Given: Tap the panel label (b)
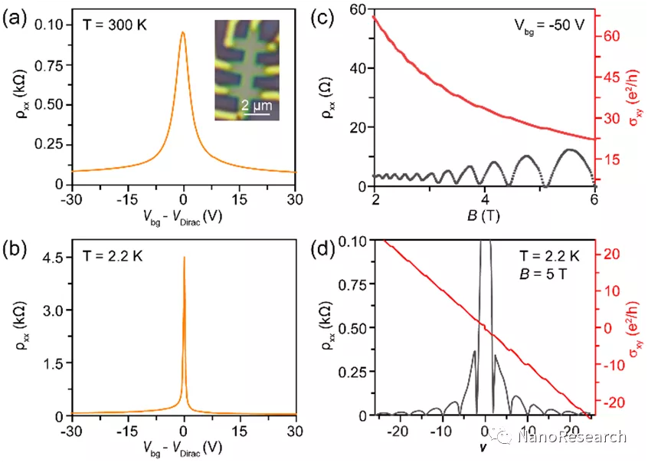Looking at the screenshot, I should pyautogui.click(x=17, y=250).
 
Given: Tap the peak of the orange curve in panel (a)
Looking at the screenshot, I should pyautogui.click(x=183, y=33).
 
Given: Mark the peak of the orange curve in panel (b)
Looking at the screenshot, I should pyautogui.click(x=184, y=258).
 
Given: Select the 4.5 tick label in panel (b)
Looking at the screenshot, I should pyautogui.click(x=53, y=258).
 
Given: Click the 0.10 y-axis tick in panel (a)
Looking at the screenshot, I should pyautogui.click(x=50, y=25).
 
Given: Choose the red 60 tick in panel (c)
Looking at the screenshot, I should pyautogui.click(x=609, y=36).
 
